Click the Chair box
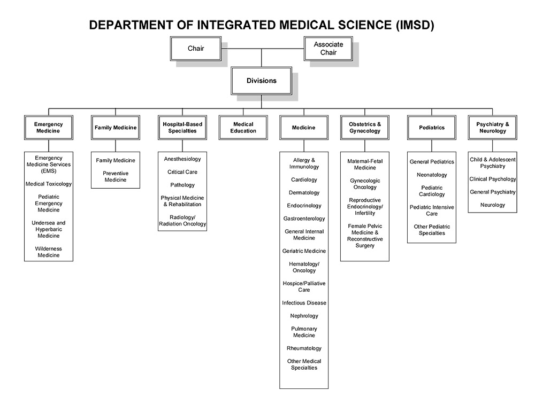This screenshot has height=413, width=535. point(195,49)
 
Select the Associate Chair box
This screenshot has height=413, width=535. point(328,49)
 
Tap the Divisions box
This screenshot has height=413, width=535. point(262,81)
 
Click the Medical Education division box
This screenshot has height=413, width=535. point(243,128)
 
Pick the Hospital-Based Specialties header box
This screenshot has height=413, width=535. point(182,128)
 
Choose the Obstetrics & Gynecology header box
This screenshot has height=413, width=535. point(365,128)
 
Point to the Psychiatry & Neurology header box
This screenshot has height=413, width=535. point(493,128)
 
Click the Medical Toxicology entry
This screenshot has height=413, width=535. point(49,184)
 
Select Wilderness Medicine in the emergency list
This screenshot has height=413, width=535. point(49,252)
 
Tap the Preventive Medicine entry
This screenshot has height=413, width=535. point(116,177)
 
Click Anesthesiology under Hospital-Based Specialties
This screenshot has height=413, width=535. point(182,159)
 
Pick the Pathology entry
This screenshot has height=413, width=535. point(182,185)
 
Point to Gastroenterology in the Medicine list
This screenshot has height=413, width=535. point(304,219)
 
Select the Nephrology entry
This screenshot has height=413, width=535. point(304,316)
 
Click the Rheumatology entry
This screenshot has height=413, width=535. point(304,348)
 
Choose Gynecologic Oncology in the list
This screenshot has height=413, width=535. point(365,184)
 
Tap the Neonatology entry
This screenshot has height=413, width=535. point(432,175)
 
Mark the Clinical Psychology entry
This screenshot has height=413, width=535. point(493,179)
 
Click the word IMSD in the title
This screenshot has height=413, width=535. point(414,25)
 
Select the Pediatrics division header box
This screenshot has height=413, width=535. point(432,128)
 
